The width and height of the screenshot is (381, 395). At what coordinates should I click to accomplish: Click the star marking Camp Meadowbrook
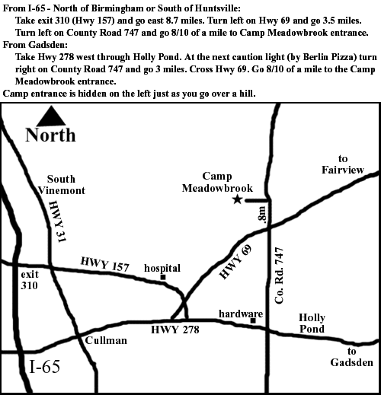tap(237, 199)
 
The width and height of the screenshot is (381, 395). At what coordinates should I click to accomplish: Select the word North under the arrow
tap(50, 135)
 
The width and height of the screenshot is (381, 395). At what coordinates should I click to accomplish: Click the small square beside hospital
tap(162, 277)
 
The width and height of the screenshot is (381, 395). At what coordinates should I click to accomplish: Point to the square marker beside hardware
tap(253, 320)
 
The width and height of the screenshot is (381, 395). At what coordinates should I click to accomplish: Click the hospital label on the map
tap(162, 268)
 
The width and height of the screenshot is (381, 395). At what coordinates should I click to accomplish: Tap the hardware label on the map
tap(241, 313)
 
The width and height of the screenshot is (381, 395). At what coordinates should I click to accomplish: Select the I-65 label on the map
tap(45, 368)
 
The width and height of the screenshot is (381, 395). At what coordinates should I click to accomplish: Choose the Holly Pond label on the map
tap(311, 323)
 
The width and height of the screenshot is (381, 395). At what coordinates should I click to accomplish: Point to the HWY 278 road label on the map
tap(174, 330)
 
